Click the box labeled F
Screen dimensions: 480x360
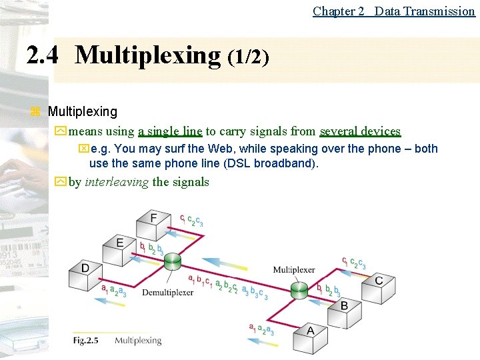tap(153, 223)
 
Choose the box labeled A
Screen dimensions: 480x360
tap(310, 335)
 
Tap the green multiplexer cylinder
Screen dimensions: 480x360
tap(299, 290)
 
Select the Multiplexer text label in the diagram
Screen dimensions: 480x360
tap(294, 270)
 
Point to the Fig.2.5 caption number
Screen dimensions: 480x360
tap(85, 341)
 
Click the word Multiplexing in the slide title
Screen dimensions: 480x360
tap(148, 55)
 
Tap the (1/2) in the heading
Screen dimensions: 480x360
tap(248, 57)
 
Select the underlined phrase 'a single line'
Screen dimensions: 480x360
tap(169, 131)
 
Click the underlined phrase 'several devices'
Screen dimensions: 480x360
tap(360, 131)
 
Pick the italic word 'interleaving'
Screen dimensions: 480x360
tap(117, 182)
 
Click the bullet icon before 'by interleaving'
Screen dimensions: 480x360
tap(61, 182)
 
